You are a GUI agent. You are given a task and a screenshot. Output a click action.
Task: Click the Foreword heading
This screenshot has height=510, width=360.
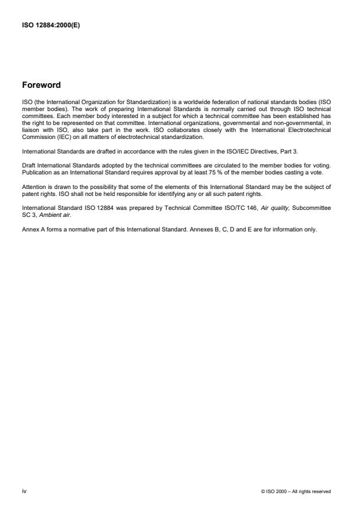(x=41, y=85)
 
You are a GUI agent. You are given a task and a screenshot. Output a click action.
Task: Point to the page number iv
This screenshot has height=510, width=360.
(x=24, y=491)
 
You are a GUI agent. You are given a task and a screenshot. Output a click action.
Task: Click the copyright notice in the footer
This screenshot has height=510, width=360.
(x=296, y=491)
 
